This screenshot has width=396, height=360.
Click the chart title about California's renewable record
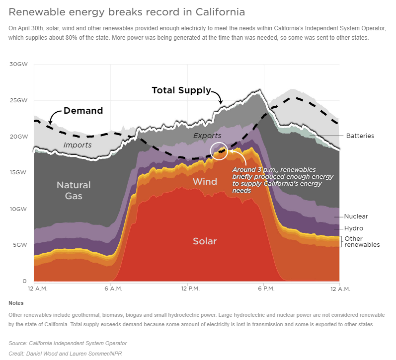coord(127,11)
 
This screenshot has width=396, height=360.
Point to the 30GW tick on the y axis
coord(19,64)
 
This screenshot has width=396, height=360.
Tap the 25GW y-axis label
coord(19,100)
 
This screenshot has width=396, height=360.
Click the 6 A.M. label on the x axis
coord(114,288)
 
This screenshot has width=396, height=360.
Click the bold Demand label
coord(83,111)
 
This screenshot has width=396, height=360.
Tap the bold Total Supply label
coord(181,90)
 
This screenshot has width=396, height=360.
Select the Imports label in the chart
coord(78,145)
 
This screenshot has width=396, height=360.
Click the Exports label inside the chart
coord(207,136)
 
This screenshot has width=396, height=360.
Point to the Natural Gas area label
coord(74,190)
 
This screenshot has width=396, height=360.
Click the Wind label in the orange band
coord(205,182)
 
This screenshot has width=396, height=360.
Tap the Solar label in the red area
coord(205,241)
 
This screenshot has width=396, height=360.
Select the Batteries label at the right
coord(360,136)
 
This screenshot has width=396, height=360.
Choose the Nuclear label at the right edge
coord(356,216)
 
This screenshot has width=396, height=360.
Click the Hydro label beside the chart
coord(354,228)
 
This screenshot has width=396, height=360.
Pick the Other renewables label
coord(362,242)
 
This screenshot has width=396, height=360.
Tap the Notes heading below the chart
coord(16,303)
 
